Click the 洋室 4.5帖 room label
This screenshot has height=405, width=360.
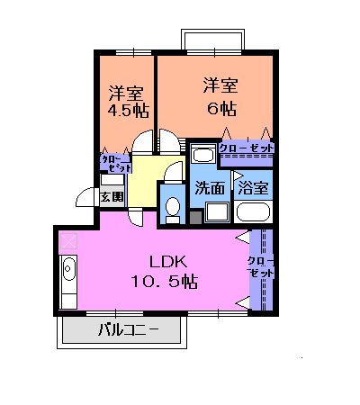[126, 102]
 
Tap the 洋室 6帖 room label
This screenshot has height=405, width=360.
[220, 97]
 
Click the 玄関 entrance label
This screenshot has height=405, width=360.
[112, 196]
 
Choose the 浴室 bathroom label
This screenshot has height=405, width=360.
[251, 189]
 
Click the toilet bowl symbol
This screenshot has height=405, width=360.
[173, 208]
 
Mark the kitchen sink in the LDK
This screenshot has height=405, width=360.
[68, 270]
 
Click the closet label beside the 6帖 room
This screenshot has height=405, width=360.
[246, 148]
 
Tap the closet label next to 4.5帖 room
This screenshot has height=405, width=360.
[113, 163]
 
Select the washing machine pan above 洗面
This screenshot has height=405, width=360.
[203, 154]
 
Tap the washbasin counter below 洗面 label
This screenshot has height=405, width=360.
[217, 213]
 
